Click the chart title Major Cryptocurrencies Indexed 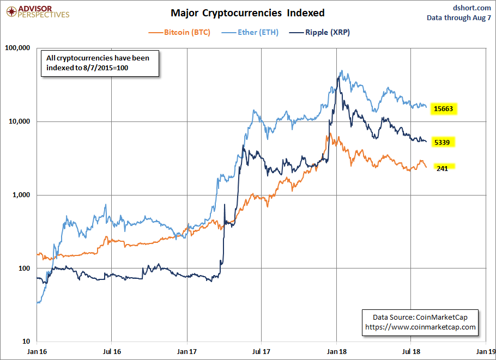(x=247, y=13)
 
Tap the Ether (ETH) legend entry (x=258, y=32)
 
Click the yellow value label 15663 (x=444, y=109)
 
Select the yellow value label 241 (x=444, y=168)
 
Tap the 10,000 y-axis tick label (x=19, y=121)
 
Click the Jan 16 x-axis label (x=37, y=352)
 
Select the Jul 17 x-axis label (x=262, y=352)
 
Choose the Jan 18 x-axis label (x=337, y=352)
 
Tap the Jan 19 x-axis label (x=486, y=352)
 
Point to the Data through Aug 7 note (x=459, y=18)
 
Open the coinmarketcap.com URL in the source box (x=420, y=327)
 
